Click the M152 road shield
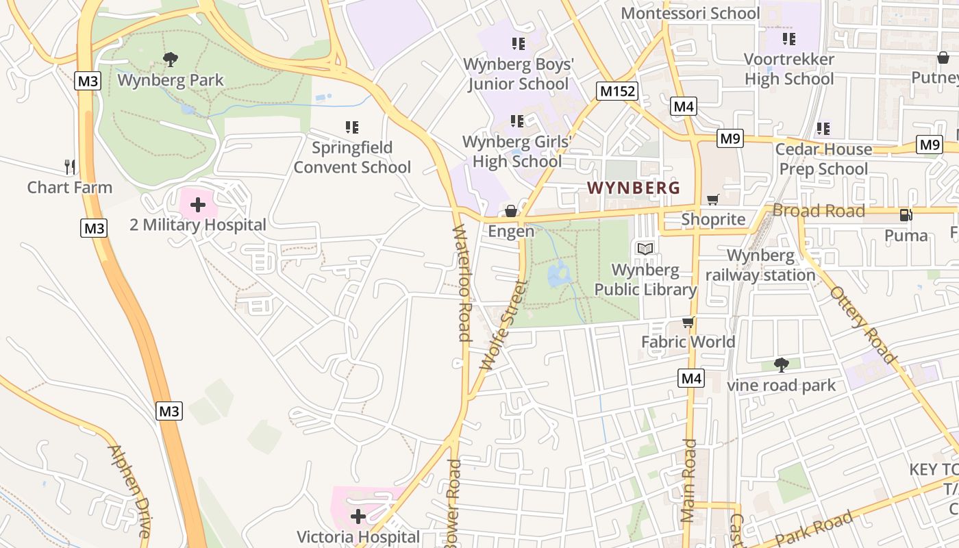coord(617,91)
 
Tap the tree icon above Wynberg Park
coord(171,60)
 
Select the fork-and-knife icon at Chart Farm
coord(69,166)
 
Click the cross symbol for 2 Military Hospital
coord(198,204)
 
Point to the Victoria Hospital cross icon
coord(358,516)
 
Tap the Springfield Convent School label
coord(352,158)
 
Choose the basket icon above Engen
coord(511,211)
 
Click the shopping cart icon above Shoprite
coord(713,199)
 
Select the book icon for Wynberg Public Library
coord(645,249)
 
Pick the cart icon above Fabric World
coord(688,322)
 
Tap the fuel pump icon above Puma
coord(906,215)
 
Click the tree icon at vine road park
coord(781,364)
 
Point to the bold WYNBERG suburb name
coord(634,188)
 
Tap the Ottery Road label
coord(863,325)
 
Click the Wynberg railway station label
coord(760,265)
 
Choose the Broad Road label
coord(819,211)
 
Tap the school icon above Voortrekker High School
coord(789,38)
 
